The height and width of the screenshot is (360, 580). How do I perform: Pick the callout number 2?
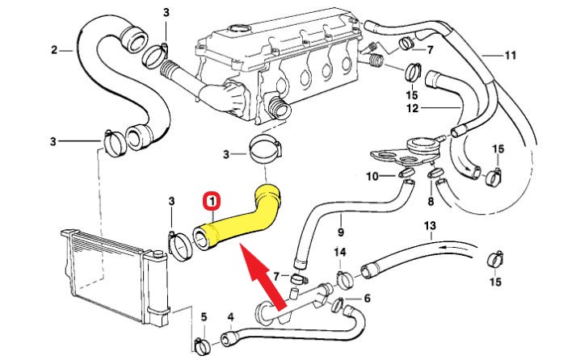tap(55, 49)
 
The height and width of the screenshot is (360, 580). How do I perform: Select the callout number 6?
tap(367, 299)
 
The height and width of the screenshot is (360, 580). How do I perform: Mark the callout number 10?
tap(372, 176)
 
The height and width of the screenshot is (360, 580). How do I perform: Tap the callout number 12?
tap(413, 107)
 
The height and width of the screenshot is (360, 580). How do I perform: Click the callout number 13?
tap(429, 224)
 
